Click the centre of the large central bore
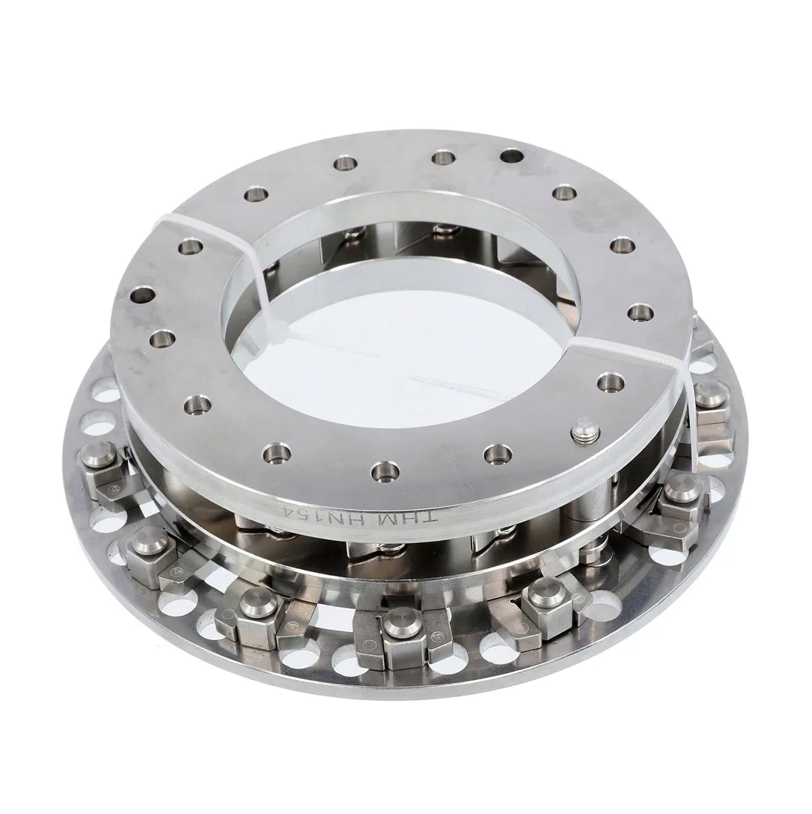pyautogui.click(x=406, y=333)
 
